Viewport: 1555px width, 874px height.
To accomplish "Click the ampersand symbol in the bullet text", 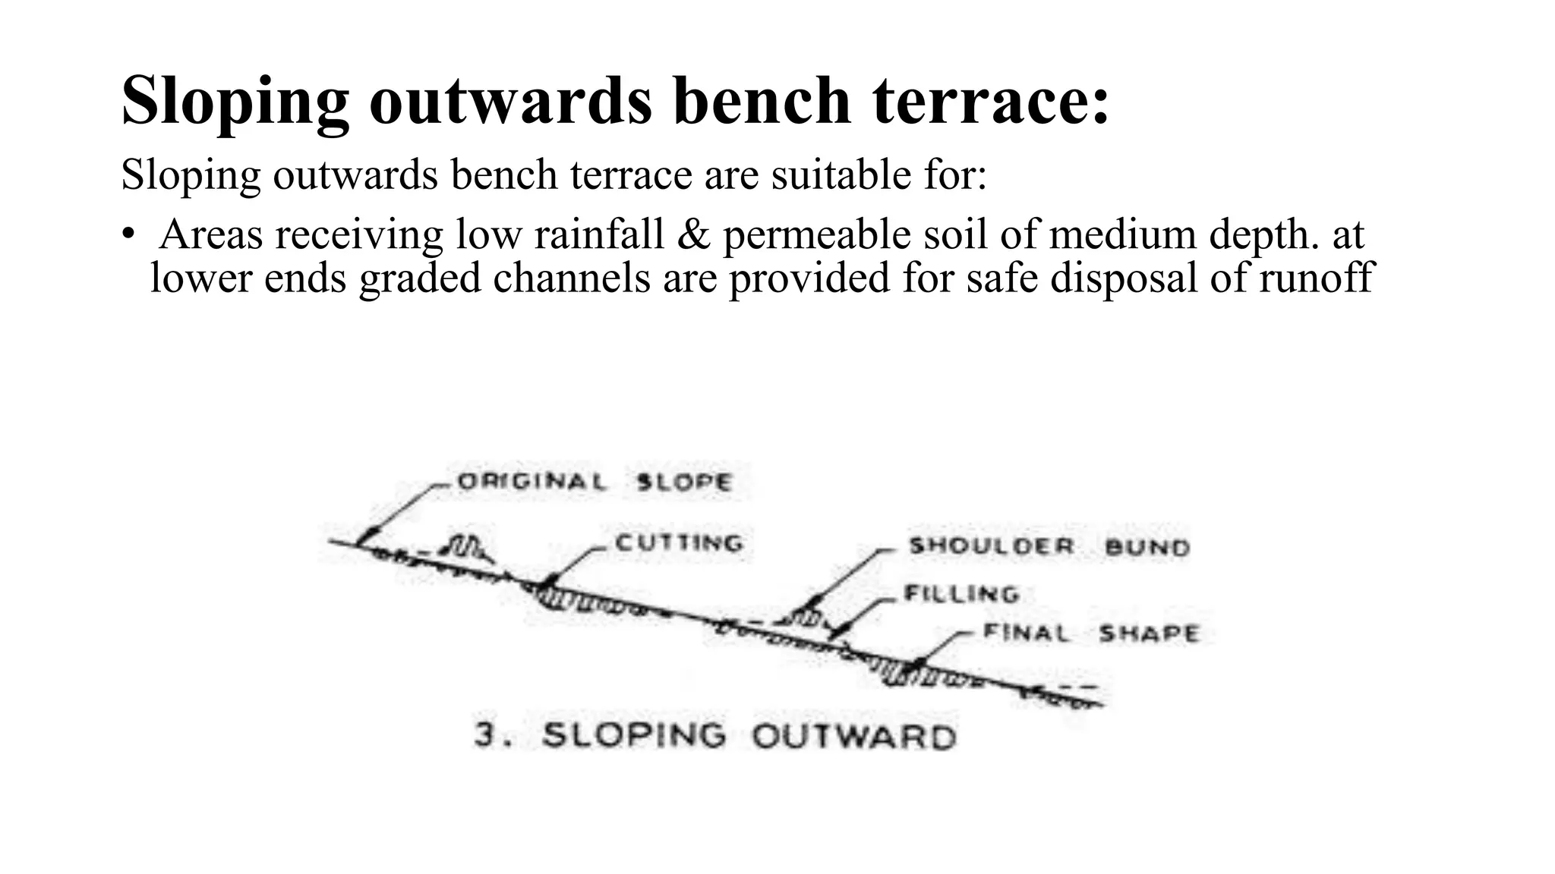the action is tap(692, 234).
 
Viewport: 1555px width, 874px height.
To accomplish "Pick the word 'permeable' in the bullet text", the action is tap(817, 235).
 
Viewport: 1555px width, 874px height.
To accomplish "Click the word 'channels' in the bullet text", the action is tap(571, 277).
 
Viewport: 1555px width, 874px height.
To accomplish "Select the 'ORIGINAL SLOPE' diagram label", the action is tap(595, 482).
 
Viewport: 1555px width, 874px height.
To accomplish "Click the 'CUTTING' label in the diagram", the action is tap(679, 543).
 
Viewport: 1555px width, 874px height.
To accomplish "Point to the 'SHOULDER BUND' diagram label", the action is tap(1049, 546).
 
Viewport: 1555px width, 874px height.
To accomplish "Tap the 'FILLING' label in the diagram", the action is tap(961, 593).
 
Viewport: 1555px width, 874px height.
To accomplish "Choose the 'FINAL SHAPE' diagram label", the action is tap(1091, 633).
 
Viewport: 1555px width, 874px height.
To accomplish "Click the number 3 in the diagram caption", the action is tap(485, 735).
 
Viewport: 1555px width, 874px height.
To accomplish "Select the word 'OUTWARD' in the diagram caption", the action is tap(854, 737).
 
